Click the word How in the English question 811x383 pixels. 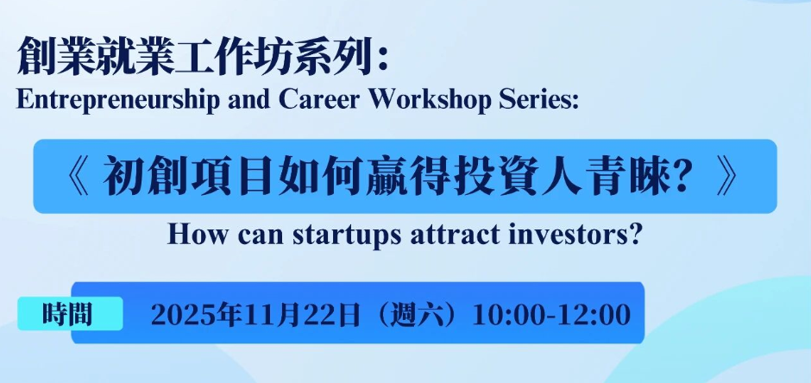191,235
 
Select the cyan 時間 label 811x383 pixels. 71,313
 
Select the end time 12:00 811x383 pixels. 591,315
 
